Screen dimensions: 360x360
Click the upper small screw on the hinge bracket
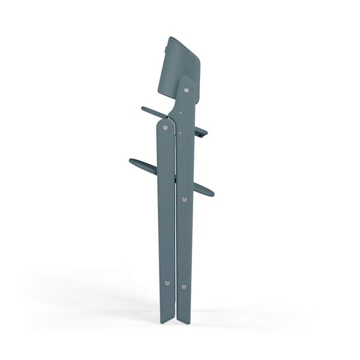click(180, 113)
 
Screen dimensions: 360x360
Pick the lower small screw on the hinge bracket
click(180, 128)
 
